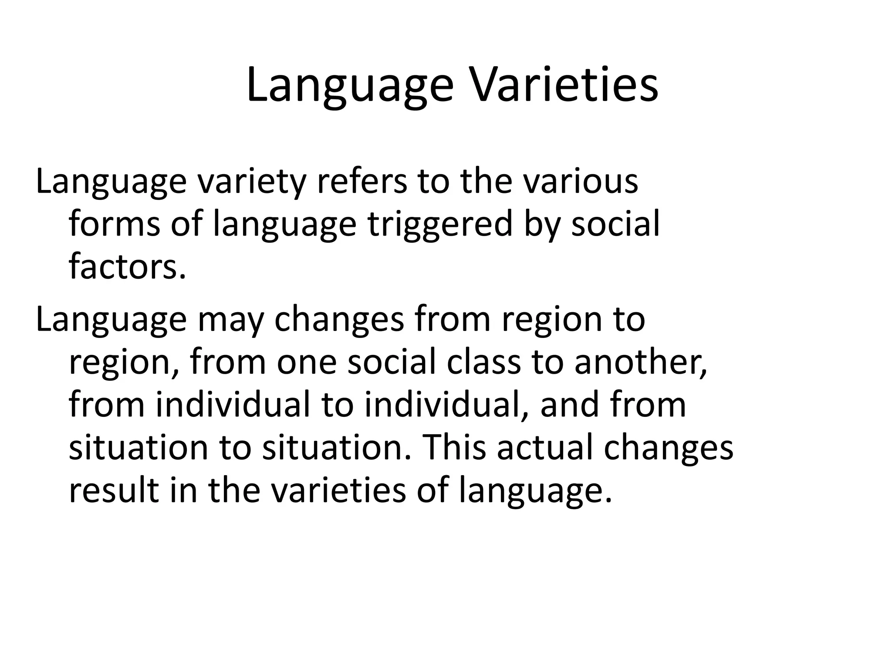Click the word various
click(x=580, y=182)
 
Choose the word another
click(x=640, y=362)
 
